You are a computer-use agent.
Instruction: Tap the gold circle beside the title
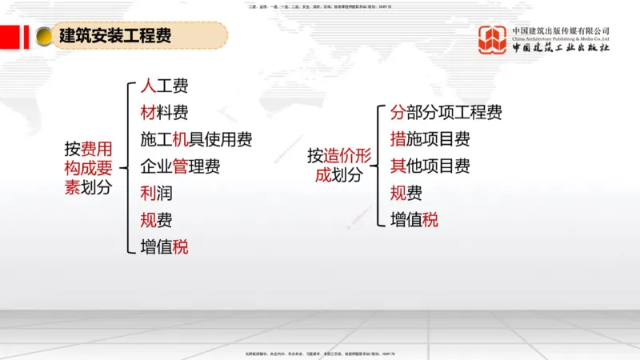click(44, 38)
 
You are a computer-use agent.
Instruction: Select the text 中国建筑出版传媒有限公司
click(561, 31)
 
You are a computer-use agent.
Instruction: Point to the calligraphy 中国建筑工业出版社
click(561, 48)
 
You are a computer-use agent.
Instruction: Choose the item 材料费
click(164, 113)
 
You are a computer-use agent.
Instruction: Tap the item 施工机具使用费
click(196, 140)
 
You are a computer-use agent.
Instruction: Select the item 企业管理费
click(180, 166)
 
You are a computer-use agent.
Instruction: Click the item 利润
click(156, 194)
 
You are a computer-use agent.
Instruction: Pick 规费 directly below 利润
click(156, 220)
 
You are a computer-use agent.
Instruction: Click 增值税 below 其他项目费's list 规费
click(414, 219)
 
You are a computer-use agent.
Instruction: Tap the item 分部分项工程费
click(446, 113)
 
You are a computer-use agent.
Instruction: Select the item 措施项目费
click(430, 139)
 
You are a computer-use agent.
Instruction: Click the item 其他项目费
click(430, 166)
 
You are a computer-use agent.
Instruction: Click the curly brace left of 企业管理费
click(126, 167)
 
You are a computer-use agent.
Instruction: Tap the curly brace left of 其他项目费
click(375, 166)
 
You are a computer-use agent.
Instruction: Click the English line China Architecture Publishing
click(561, 39)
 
